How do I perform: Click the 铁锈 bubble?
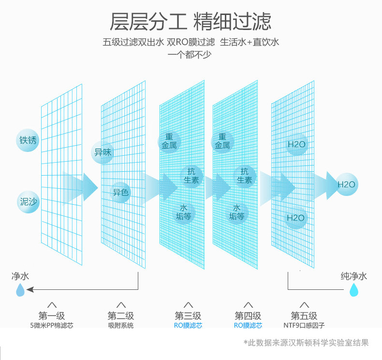pos(28,141)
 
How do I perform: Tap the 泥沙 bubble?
pos(28,202)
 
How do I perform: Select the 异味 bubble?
pos(103,152)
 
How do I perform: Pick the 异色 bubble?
pos(120,193)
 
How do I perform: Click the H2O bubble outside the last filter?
pos(346,184)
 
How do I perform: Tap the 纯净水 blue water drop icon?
pos(354,290)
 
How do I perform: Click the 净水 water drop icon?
pos(20,290)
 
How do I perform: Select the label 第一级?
pos(52,316)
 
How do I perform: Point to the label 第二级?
pos(121,316)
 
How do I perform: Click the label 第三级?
pos(188,316)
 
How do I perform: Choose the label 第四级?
pos(248,316)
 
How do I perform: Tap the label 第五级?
pos(304,316)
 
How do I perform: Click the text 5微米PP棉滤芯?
pos(52,326)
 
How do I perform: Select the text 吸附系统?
pos(121,326)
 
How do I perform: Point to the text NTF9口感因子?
pos(304,326)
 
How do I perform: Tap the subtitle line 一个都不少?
pos(190,54)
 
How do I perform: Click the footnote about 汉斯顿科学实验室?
pos(306,343)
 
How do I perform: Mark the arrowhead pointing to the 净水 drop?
pos(30,290)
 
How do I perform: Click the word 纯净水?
pos(354,276)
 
